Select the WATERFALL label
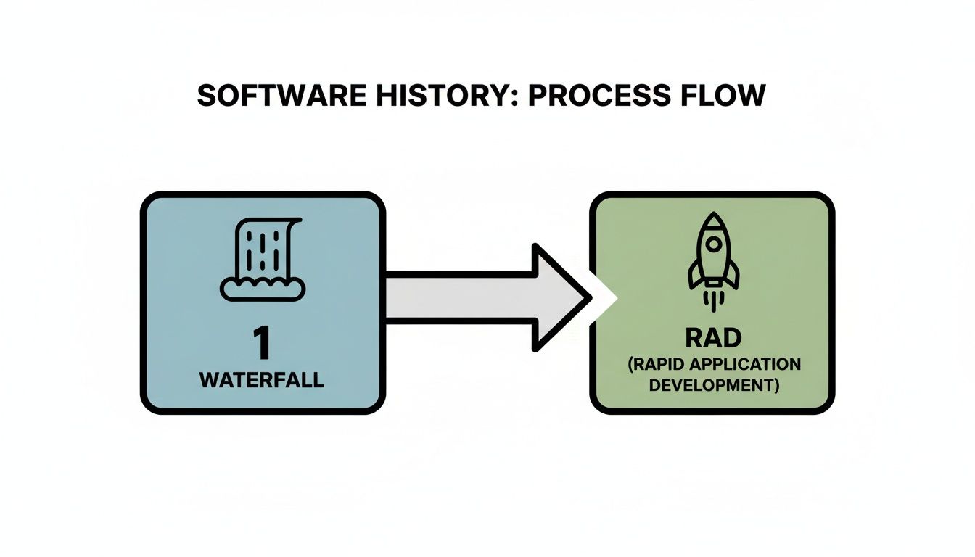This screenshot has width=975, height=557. [x=261, y=380]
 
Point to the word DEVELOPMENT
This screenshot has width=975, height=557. [x=711, y=385]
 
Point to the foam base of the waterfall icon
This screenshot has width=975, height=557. [x=262, y=289]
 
